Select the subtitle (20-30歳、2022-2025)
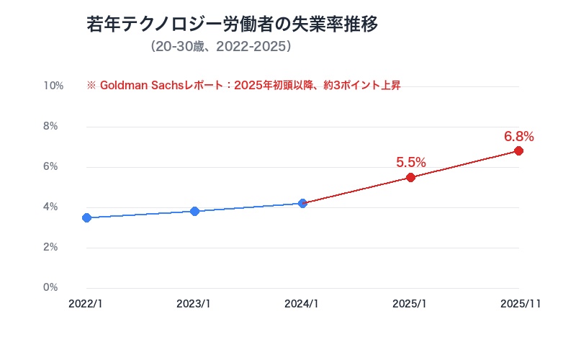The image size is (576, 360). pyautogui.click(x=221, y=47)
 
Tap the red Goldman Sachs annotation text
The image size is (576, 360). pyautogui.click(x=243, y=85)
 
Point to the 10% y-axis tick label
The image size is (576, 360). pyautogui.click(x=53, y=86)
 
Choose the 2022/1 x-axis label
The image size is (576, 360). pyautogui.click(x=86, y=304)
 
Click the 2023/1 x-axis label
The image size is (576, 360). pyautogui.click(x=194, y=304)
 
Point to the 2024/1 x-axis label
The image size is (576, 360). pyautogui.click(x=302, y=304)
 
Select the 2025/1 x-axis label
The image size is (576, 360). pyautogui.click(x=410, y=304)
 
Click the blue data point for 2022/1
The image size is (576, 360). pyautogui.click(x=86, y=217)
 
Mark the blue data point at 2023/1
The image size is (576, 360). pyautogui.click(x=194, y=211)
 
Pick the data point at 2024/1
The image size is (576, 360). pyautogui.click(x=302, y=203)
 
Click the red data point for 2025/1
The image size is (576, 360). pyautogui.click(x=410, y=177)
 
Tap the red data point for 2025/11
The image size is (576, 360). pyautogui.click(x=518, y=150)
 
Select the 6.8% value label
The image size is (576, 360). pyautogui.click(x=518, y=136)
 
